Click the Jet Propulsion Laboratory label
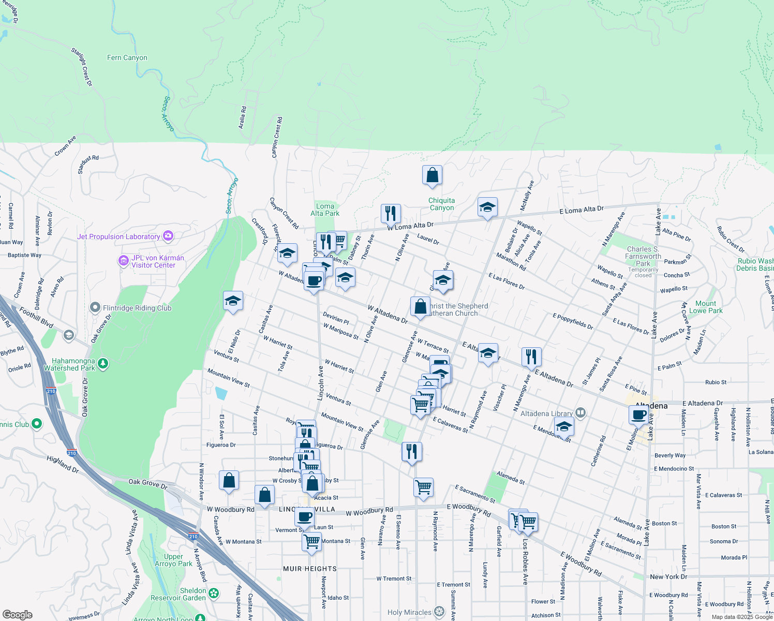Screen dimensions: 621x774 pyautogui.click(x=118, y=236)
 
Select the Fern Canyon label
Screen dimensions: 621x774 pyautogui.click(x=127, y=57)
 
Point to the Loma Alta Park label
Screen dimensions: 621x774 pyautogui.click(x=325, y=210)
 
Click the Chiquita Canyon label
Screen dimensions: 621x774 pyautogui.click(x=442, y=204)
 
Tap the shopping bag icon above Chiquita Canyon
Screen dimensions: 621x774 pyautogui.click(x=432, y=175)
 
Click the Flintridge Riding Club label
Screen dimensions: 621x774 pyautogui.click(x=137, y=308)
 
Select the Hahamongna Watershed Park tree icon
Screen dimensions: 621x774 pyautogui.click(x=103, y=364)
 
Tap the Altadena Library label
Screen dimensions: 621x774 pyautogui.click(x=546, y=413)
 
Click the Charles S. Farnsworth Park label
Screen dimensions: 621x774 pyautogui.click(x=643, y=256)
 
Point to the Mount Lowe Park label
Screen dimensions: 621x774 pyautogui.click(x=706, y=307)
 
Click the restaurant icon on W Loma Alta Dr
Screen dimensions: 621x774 pyautogui.click(x=391, y=213)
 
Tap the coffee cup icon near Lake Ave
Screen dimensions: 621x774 pyautogui.click(x=639, y=415)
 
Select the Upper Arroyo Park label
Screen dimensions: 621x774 pyautogui.click(x=173, y=560)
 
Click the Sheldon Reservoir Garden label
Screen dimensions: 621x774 pyautogui.click(x=178, y=594)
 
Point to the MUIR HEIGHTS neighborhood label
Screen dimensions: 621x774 pyautogui.click(x=310, y=569)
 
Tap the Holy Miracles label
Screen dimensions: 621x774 pyautogui.click(x=409, y=612)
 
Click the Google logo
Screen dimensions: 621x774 pyautogui.click(x=17, y=615)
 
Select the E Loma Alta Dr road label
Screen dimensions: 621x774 pyautogui.click(x=582, y=210)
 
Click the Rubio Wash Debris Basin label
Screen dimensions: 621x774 pyautogui.click(x=755, y=264)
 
